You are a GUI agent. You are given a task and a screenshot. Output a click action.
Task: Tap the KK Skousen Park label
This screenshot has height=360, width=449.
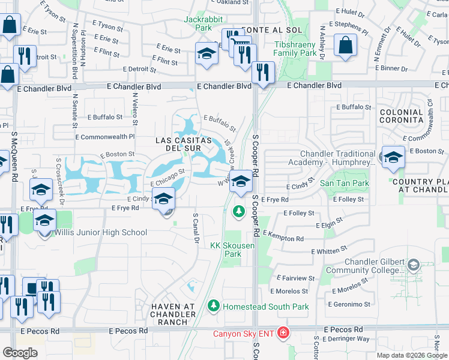pyautogui.click(x=226, y=250)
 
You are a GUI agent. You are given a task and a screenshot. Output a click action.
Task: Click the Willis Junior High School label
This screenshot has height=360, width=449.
pyautogui.click(x=100, y=233)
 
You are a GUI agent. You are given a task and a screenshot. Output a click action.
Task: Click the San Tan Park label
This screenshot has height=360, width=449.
pyautogui.click(x=344, y=183)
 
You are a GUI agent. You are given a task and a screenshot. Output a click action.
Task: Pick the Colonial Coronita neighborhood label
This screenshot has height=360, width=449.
pyautogui.click(x=402, y=116)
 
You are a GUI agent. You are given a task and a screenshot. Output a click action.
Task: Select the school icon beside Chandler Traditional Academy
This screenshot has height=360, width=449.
pyautogui.click(x=393, y=158)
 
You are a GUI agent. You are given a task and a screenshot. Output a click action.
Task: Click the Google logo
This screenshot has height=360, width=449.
pyautogui.click(x=20, y=352)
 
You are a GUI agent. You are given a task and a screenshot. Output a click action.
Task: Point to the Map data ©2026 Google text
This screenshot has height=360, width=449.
pyautogui.click(x=412, y=355)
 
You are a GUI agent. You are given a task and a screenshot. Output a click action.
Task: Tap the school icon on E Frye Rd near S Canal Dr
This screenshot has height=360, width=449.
pyautogui.click(x=162, y=200)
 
